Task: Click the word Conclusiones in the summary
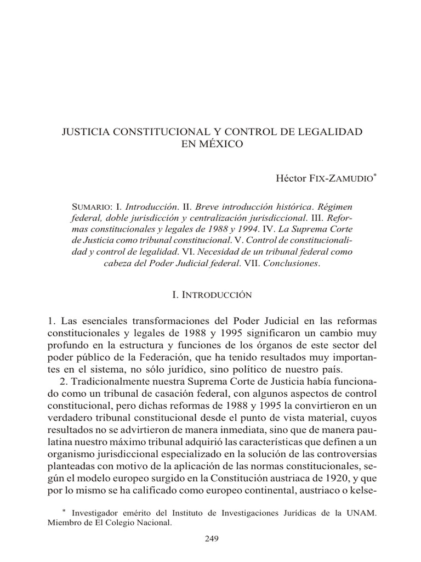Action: click(x=290, y=263)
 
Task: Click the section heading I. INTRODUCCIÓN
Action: click(x=212, y=295)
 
